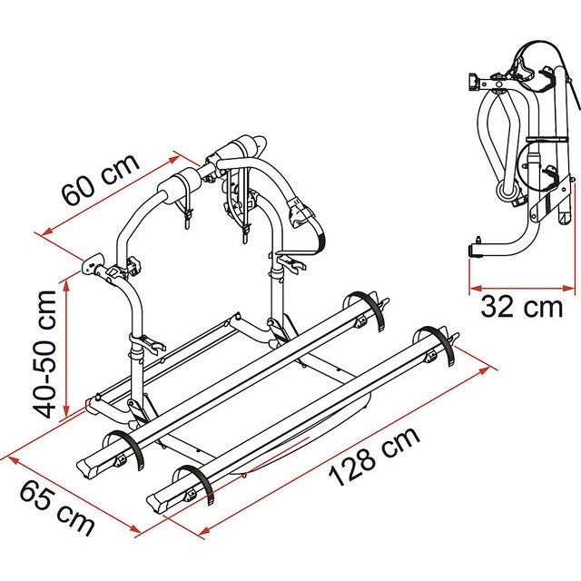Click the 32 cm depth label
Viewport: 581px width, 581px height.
click(521, 307)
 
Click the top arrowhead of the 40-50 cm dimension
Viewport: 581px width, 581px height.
click(74, 269)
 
